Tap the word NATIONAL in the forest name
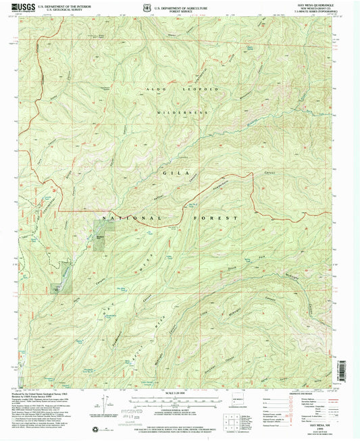tap(132, 218)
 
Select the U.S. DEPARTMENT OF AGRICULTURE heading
tap(180, 3)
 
